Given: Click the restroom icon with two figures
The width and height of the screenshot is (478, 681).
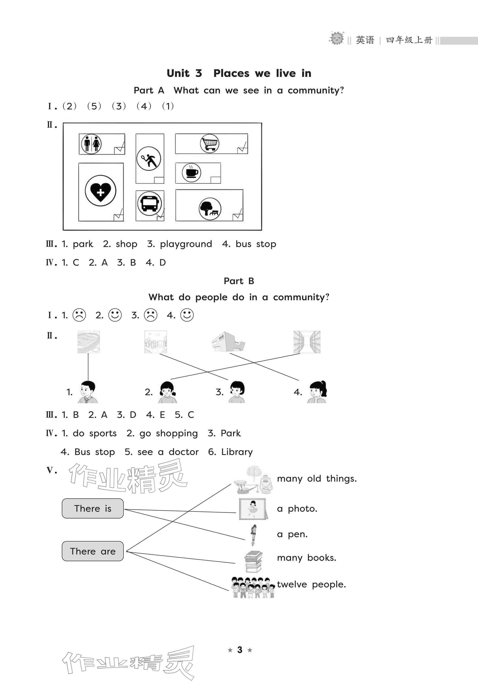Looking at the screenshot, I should tap(91, 144).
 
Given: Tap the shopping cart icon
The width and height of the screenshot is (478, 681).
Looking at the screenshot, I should tap(209, 143).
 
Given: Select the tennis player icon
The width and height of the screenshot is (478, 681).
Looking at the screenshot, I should tap(149, 159).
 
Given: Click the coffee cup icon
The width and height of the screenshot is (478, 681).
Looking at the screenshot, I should tap(191, 172).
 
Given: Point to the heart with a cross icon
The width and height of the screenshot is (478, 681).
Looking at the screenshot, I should tap(100, 191).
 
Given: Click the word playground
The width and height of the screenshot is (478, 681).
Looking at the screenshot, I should tap(186, 244).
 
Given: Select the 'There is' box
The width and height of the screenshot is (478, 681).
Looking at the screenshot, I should tap(93, 508).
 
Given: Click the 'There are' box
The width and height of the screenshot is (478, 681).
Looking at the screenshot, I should tap(93, 551).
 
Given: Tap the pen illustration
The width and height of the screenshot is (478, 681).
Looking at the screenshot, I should tap(253, 535).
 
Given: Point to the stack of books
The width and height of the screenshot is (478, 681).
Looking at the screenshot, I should tap(253, 561).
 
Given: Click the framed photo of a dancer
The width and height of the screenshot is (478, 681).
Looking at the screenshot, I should tap(253, 509).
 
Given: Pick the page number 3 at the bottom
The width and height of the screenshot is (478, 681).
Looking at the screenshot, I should tap(240, 650).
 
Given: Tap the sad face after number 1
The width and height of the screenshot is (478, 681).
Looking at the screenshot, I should tap(79, 315).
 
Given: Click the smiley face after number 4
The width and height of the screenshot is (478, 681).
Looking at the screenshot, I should tap(187, 315).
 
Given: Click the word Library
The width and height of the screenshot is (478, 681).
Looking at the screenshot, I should tap(237, 452).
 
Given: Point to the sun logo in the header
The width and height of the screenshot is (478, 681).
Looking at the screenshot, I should tap(336, 38).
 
